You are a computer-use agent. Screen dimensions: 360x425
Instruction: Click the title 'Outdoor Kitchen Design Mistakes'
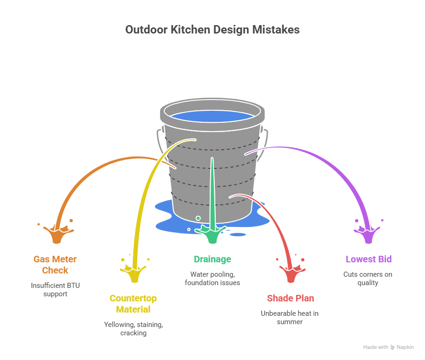[212, 30]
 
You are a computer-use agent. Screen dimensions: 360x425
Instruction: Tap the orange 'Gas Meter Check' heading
[55, 265]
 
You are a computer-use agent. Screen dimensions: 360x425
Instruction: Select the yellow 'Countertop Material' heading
[133, 304]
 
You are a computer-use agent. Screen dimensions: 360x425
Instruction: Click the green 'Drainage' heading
[212, 259]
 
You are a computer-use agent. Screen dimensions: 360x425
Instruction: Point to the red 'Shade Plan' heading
[290, 298]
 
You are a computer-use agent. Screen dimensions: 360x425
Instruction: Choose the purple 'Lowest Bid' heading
[368, 259]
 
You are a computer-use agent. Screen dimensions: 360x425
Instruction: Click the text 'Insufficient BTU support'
[55, 289]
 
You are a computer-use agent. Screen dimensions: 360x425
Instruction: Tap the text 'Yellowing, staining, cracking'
[133, 328]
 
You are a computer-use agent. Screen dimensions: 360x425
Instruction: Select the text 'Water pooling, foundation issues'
[212, 278]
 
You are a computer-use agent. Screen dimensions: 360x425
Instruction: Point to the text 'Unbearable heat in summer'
[290, 317]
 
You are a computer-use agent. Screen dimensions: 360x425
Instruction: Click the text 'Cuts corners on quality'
[368, 278]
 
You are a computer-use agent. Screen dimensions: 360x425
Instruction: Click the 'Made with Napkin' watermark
[388, 347]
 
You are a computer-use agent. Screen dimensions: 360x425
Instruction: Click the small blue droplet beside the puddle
[238, 234]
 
